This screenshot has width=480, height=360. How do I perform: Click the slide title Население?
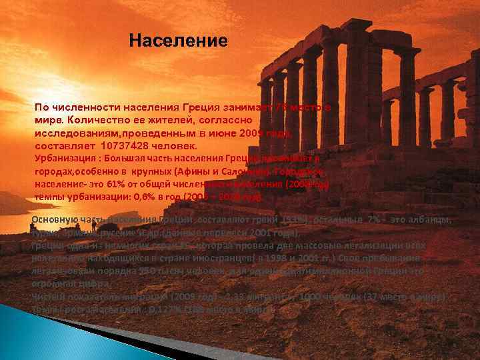178,41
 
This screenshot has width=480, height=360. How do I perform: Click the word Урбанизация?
61,158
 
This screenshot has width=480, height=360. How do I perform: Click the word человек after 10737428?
176,145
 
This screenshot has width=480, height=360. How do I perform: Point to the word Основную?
53,221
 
